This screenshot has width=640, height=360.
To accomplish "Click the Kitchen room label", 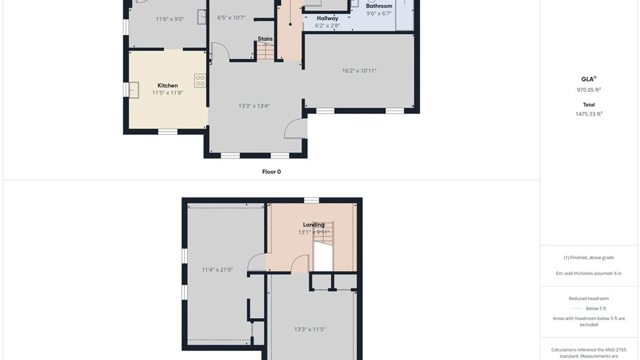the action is [167, 85].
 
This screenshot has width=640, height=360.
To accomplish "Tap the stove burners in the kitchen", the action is [200, 81].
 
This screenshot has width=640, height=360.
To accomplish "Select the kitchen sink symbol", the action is [134, 90].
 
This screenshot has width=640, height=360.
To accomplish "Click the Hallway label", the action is [327, 18].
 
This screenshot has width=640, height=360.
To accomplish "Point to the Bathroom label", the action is [379, 6].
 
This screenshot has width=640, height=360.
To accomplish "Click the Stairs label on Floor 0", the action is [265, 39].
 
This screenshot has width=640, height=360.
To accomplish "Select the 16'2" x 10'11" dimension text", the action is [359, 71].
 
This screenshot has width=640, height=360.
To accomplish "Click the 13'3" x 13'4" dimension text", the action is [254, 106].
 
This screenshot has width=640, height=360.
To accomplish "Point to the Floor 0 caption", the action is [271, 172].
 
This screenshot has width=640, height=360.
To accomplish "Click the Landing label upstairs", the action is [313, 225].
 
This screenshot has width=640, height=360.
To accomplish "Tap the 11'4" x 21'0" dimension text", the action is [217, 270].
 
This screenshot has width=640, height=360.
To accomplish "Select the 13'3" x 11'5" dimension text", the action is [310, 329].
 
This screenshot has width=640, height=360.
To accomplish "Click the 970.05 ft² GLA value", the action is [589, 90].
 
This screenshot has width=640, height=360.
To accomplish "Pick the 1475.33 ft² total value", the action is [589, 114].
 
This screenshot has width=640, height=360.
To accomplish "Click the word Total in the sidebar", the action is [589, 105].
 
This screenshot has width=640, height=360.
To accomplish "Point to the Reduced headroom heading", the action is [589, 298].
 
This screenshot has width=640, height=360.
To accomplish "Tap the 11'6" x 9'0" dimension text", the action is [170, 19].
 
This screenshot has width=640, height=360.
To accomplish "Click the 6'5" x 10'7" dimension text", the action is [231, 17].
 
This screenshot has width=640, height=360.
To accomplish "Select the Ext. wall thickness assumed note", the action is [589, 273].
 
